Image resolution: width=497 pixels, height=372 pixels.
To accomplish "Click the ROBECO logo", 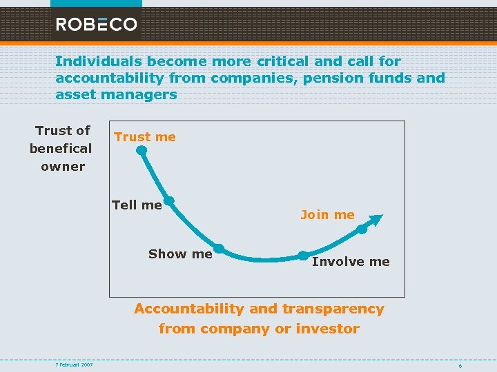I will (x=97, y=25).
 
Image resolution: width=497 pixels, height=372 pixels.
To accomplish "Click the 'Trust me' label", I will (x=145, y=137).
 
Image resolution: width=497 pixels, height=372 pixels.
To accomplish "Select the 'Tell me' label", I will (x=137, y=205).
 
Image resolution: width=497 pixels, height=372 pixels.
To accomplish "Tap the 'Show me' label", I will (x=180, y=254).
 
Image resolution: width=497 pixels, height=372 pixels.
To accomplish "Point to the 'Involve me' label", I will (x=351, y=262).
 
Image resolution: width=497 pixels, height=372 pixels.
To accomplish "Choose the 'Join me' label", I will (x=327, y=215).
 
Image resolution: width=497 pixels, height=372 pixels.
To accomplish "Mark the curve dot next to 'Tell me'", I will (x=168, y=201).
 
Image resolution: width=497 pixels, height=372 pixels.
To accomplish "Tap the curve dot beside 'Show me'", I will (x=218, y=248).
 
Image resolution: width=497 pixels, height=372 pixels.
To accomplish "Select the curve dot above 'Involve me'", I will (x=302, y=255).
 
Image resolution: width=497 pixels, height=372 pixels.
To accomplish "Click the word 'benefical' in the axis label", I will (x=61, y=148).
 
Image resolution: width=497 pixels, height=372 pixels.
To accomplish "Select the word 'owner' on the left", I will (x=63, y=166).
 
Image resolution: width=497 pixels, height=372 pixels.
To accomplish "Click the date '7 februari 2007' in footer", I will (x=75, y=364).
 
